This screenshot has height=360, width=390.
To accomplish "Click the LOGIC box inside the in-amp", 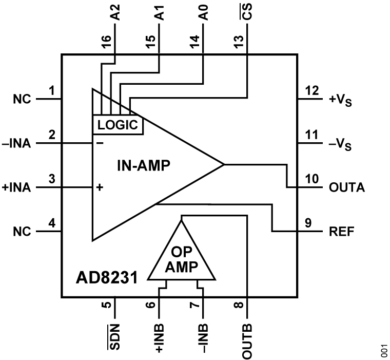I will click(x=117, y=124).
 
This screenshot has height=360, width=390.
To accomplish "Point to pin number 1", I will click(x=51, y=91).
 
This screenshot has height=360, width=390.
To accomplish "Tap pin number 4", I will click(x=51, y=224).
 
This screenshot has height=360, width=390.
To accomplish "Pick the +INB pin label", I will click(x=159, y=337).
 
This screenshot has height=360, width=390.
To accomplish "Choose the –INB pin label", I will click(x=203, y=337).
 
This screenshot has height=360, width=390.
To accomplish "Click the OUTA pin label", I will click(x=347, y=187).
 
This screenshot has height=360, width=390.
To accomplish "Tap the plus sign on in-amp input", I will click(x=100, y=187).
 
